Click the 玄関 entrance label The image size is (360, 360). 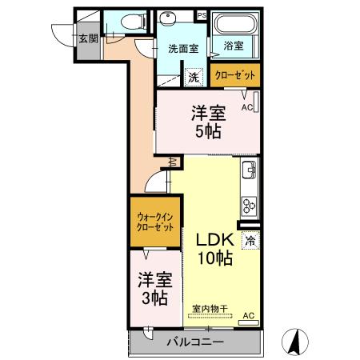[87, 38]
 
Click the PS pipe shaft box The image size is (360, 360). [202, 15]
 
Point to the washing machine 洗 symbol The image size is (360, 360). [193, 78]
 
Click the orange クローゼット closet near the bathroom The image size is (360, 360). [236, 75]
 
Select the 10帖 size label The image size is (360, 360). [214, 258]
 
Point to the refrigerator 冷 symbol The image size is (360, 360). [251, 239]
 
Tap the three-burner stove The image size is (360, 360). [249, 205]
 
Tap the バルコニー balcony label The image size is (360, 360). [195, 343]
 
